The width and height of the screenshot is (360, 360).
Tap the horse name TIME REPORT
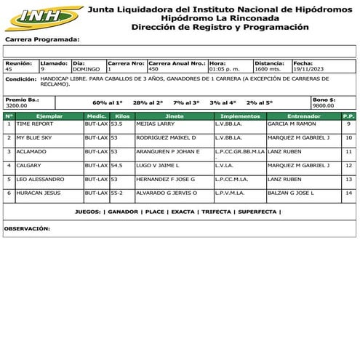point(34,124)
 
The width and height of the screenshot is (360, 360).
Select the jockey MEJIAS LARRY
point(155,124)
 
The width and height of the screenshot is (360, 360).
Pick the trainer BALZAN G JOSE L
point(290,193)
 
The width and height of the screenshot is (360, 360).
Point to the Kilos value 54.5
point(116,165)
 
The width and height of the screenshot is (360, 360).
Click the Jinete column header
point(174,116)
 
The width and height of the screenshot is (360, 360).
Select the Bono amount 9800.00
point(323,105)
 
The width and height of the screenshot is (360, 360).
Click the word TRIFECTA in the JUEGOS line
point(215,212)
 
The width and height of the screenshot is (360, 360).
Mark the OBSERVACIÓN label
point(28,228)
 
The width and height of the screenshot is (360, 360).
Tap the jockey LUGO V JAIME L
point(157,165)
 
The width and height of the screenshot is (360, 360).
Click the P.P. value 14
point(348,193)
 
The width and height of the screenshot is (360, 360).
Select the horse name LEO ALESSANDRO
point(41,179)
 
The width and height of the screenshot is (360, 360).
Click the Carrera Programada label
point(41,39)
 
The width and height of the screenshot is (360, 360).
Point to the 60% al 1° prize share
point(108,103)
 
